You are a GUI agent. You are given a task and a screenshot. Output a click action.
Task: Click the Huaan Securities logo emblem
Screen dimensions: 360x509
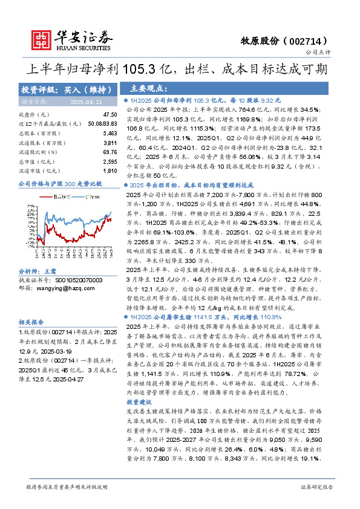pos(41,39)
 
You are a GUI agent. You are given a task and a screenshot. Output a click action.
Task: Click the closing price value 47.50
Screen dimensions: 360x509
pos(110,114)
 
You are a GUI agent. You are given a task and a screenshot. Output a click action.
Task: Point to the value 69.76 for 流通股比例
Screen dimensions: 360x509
pos(110,152)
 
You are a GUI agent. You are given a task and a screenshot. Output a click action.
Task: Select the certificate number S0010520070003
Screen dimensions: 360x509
pos(70,264)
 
